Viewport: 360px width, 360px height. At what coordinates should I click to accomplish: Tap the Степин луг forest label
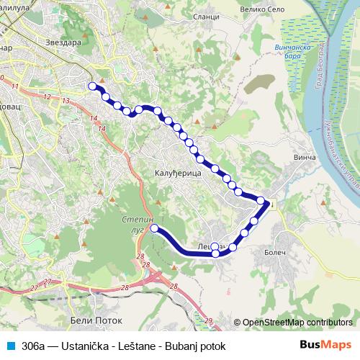[132, 220]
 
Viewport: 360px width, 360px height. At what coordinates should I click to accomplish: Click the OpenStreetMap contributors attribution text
[297, 323]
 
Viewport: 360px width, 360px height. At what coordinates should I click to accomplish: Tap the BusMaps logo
[326, 345]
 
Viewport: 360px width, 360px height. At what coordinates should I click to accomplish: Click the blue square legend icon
[9, 346]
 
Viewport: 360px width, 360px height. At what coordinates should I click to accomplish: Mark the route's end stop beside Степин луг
[153, 228]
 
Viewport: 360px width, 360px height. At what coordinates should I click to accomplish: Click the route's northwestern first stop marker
[91, 86]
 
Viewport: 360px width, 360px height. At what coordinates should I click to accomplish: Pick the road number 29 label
[208, 320]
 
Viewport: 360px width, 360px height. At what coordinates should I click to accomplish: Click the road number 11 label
[15, 86]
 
